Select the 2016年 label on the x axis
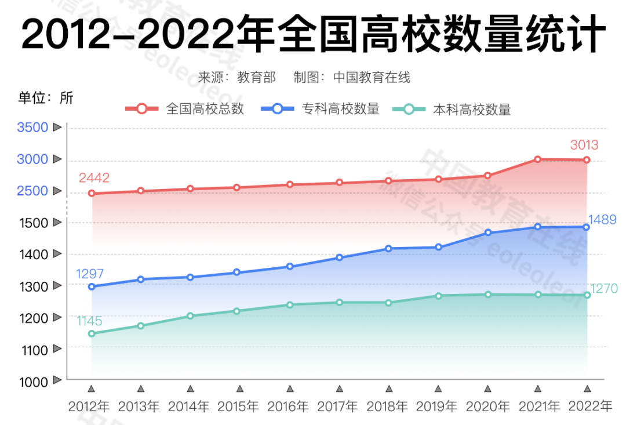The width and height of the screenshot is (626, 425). (288, 406)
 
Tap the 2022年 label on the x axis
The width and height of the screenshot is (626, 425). (590, 406)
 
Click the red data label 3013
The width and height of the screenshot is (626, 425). (584, 145)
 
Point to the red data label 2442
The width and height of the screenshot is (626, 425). (94, 178)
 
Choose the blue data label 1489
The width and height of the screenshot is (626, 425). (602, 220)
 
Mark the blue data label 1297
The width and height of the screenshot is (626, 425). (89, 274)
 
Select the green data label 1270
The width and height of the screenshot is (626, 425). (604, 289)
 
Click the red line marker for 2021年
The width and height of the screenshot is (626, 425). (537, 159)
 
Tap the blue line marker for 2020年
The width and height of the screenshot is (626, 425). (488, 233)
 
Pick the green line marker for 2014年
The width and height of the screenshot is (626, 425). (190, 316)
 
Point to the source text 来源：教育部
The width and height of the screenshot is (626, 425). (237, 77)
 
